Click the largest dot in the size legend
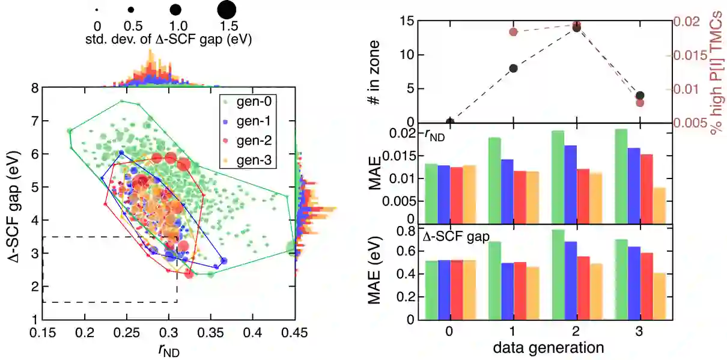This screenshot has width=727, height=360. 227,10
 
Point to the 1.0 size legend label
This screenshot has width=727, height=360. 174,26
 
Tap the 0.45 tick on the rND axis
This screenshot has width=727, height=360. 294,332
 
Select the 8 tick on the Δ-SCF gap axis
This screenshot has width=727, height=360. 35,88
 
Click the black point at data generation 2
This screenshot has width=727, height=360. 577,28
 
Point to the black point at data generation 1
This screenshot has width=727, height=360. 513,68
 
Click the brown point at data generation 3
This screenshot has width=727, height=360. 640,102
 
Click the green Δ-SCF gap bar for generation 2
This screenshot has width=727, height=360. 558,274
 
